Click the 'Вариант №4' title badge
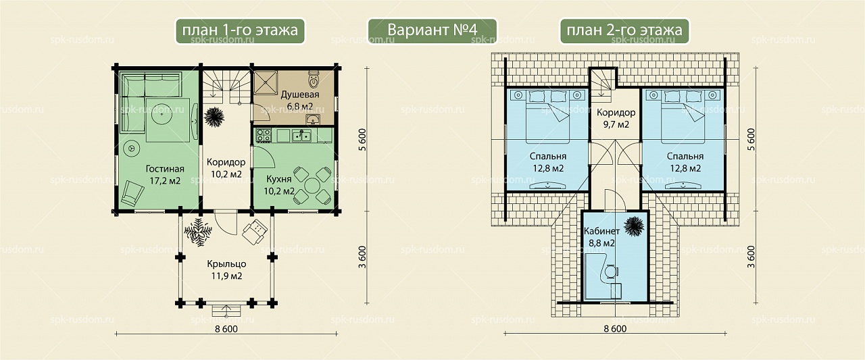432,31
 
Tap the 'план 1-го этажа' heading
240,31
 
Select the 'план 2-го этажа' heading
624,31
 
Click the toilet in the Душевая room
314,80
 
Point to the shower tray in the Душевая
266,82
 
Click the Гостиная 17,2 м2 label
165,174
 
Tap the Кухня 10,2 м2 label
279,185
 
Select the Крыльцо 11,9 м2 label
226,269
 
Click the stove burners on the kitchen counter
264,136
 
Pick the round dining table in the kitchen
312,186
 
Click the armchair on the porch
255,232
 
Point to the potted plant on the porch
198,232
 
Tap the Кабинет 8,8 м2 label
601,237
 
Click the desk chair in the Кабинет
612,272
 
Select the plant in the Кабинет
634,226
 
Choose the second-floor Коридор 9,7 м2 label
616,118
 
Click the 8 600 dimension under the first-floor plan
226,329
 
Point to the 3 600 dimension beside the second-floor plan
751,257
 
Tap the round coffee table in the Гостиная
162,114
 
